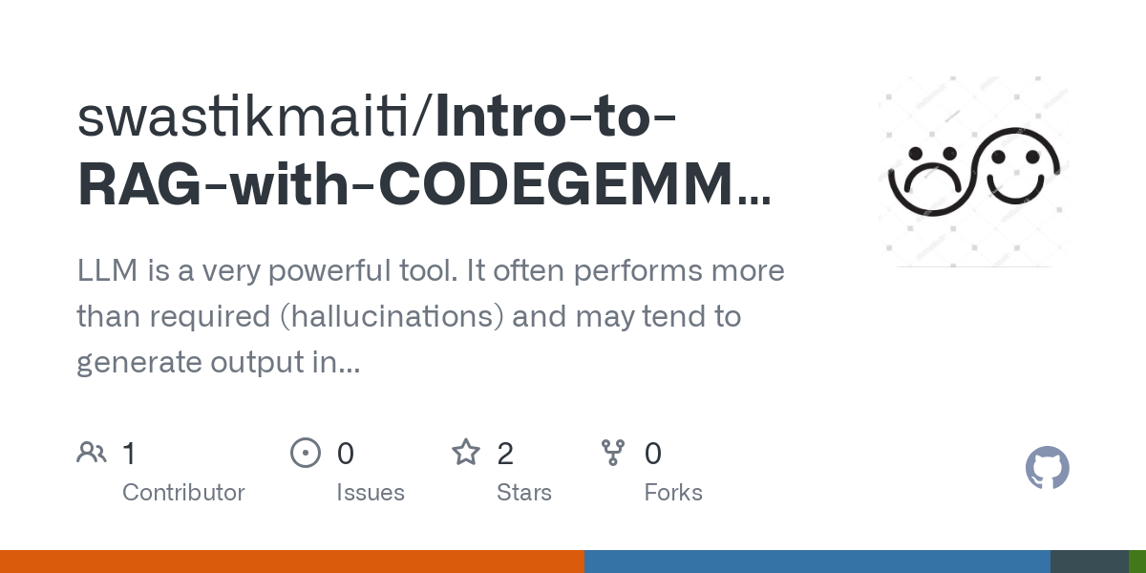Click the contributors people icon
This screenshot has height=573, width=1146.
click(x=92, y=453)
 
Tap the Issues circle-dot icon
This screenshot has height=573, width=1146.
click(x=306, y=453)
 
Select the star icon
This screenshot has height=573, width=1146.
click(x=466, y=453)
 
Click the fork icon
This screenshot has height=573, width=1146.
click(x=613, y=453)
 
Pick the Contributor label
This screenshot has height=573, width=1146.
click(x=183, y=493)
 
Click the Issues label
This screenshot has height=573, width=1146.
click(x=371, y=493)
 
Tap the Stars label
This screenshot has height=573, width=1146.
click(x=524, y=493)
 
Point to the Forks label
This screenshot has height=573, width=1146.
click(x=673, y=493)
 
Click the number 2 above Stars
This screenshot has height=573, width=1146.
click(x=505, y=454)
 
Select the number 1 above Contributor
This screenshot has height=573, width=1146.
click(x=130, y=454)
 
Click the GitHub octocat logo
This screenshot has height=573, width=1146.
click(x=1047, y=469)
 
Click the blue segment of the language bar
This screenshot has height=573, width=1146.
click(x=817, y=562)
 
